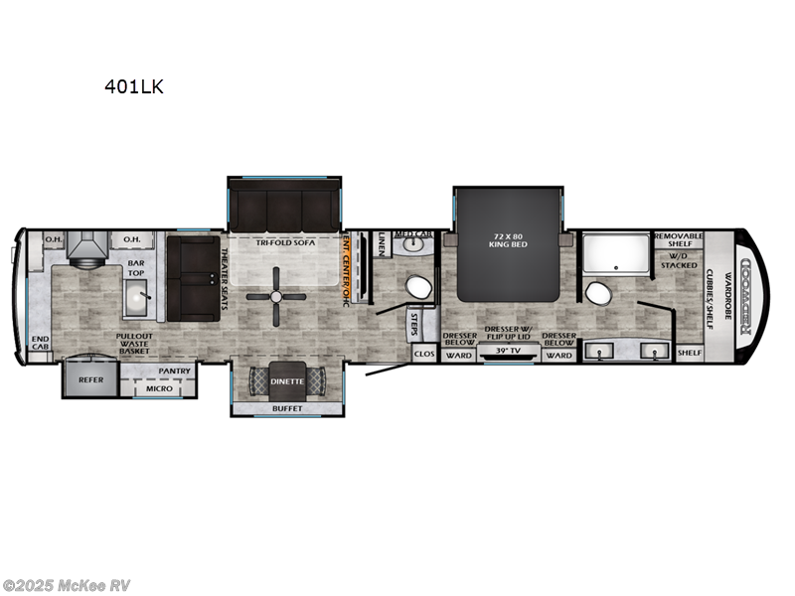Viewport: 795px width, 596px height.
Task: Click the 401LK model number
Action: [x=134, y=86]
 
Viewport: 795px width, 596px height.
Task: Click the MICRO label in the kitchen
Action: [x=159, y=387]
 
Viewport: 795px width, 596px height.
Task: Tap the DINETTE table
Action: [x=289, y=380]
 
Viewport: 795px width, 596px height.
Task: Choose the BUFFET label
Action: [x=288, y=407]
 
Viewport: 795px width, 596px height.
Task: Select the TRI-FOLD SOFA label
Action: [x=283, y=241]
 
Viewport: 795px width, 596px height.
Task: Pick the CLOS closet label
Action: [x=423, y=353]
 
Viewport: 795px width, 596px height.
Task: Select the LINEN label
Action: [x=383, y=243]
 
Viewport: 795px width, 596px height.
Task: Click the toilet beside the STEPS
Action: [x=418, y=287]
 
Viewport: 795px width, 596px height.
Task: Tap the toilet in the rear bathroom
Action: [x=597, y=293]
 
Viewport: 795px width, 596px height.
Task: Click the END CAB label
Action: [x=41, y=343]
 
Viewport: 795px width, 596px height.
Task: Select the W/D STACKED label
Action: [x=680, y=260]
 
